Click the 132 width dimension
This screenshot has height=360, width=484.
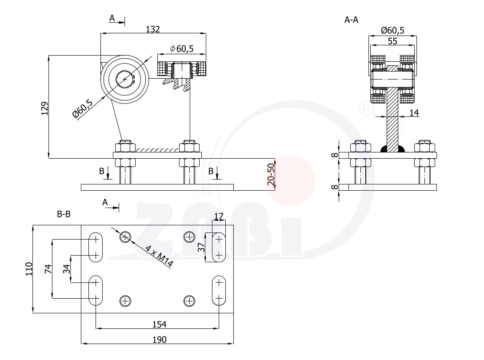152,29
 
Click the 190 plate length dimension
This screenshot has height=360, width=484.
159,340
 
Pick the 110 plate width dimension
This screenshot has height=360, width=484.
29,269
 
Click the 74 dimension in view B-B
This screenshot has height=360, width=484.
48,268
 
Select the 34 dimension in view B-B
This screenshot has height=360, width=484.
67,269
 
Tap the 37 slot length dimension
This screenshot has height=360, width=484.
201,248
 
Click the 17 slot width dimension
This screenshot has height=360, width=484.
219,216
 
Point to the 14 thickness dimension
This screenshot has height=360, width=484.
414,113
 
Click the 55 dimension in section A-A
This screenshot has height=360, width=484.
392,41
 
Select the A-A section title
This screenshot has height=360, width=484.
351,20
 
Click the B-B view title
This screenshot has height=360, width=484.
64,214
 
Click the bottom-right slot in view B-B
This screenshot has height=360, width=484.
218,290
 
